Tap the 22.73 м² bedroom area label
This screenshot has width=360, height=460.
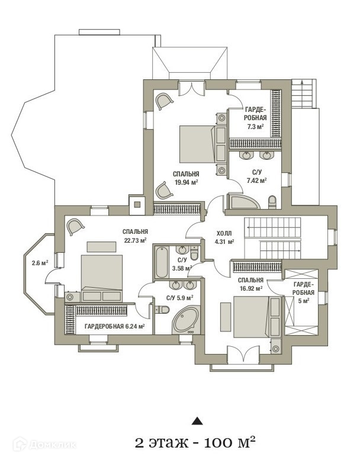coord(135,240)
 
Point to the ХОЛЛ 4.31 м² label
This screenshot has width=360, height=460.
coord(224,237)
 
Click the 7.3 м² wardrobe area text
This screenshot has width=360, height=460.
coord(256,127)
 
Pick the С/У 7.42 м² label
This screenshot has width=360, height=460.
coord(256,176)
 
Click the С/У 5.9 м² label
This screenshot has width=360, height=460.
coord(179,298)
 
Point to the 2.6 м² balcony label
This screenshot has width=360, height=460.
coord(40,263)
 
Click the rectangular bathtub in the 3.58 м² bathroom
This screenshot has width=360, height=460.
coord(161,263)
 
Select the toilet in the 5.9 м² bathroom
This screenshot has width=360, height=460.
coord(162,310)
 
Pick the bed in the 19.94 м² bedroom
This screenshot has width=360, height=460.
coord(197,145)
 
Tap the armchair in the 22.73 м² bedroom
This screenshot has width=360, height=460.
coord(75,226)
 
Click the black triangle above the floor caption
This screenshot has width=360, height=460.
coord(197,421)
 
